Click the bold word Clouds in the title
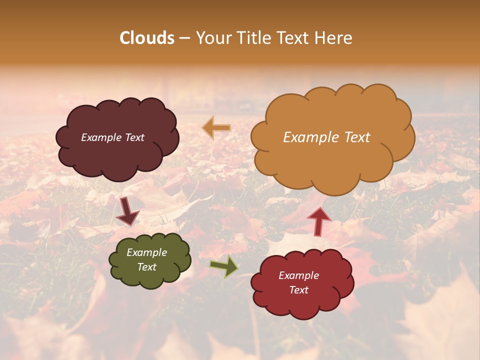(147, 38)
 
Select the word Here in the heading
(334, 38)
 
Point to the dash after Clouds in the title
(183, 38)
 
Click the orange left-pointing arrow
(216, 128)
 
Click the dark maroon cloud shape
(117, 155)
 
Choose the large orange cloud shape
(332, 165)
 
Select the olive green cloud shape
(150, 277)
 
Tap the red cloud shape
(302, 302)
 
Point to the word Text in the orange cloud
(357, 137)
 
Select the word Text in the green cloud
(147, 267)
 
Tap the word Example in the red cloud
(298, 275)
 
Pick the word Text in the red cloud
(298, 290)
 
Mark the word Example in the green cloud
(147, 252)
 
